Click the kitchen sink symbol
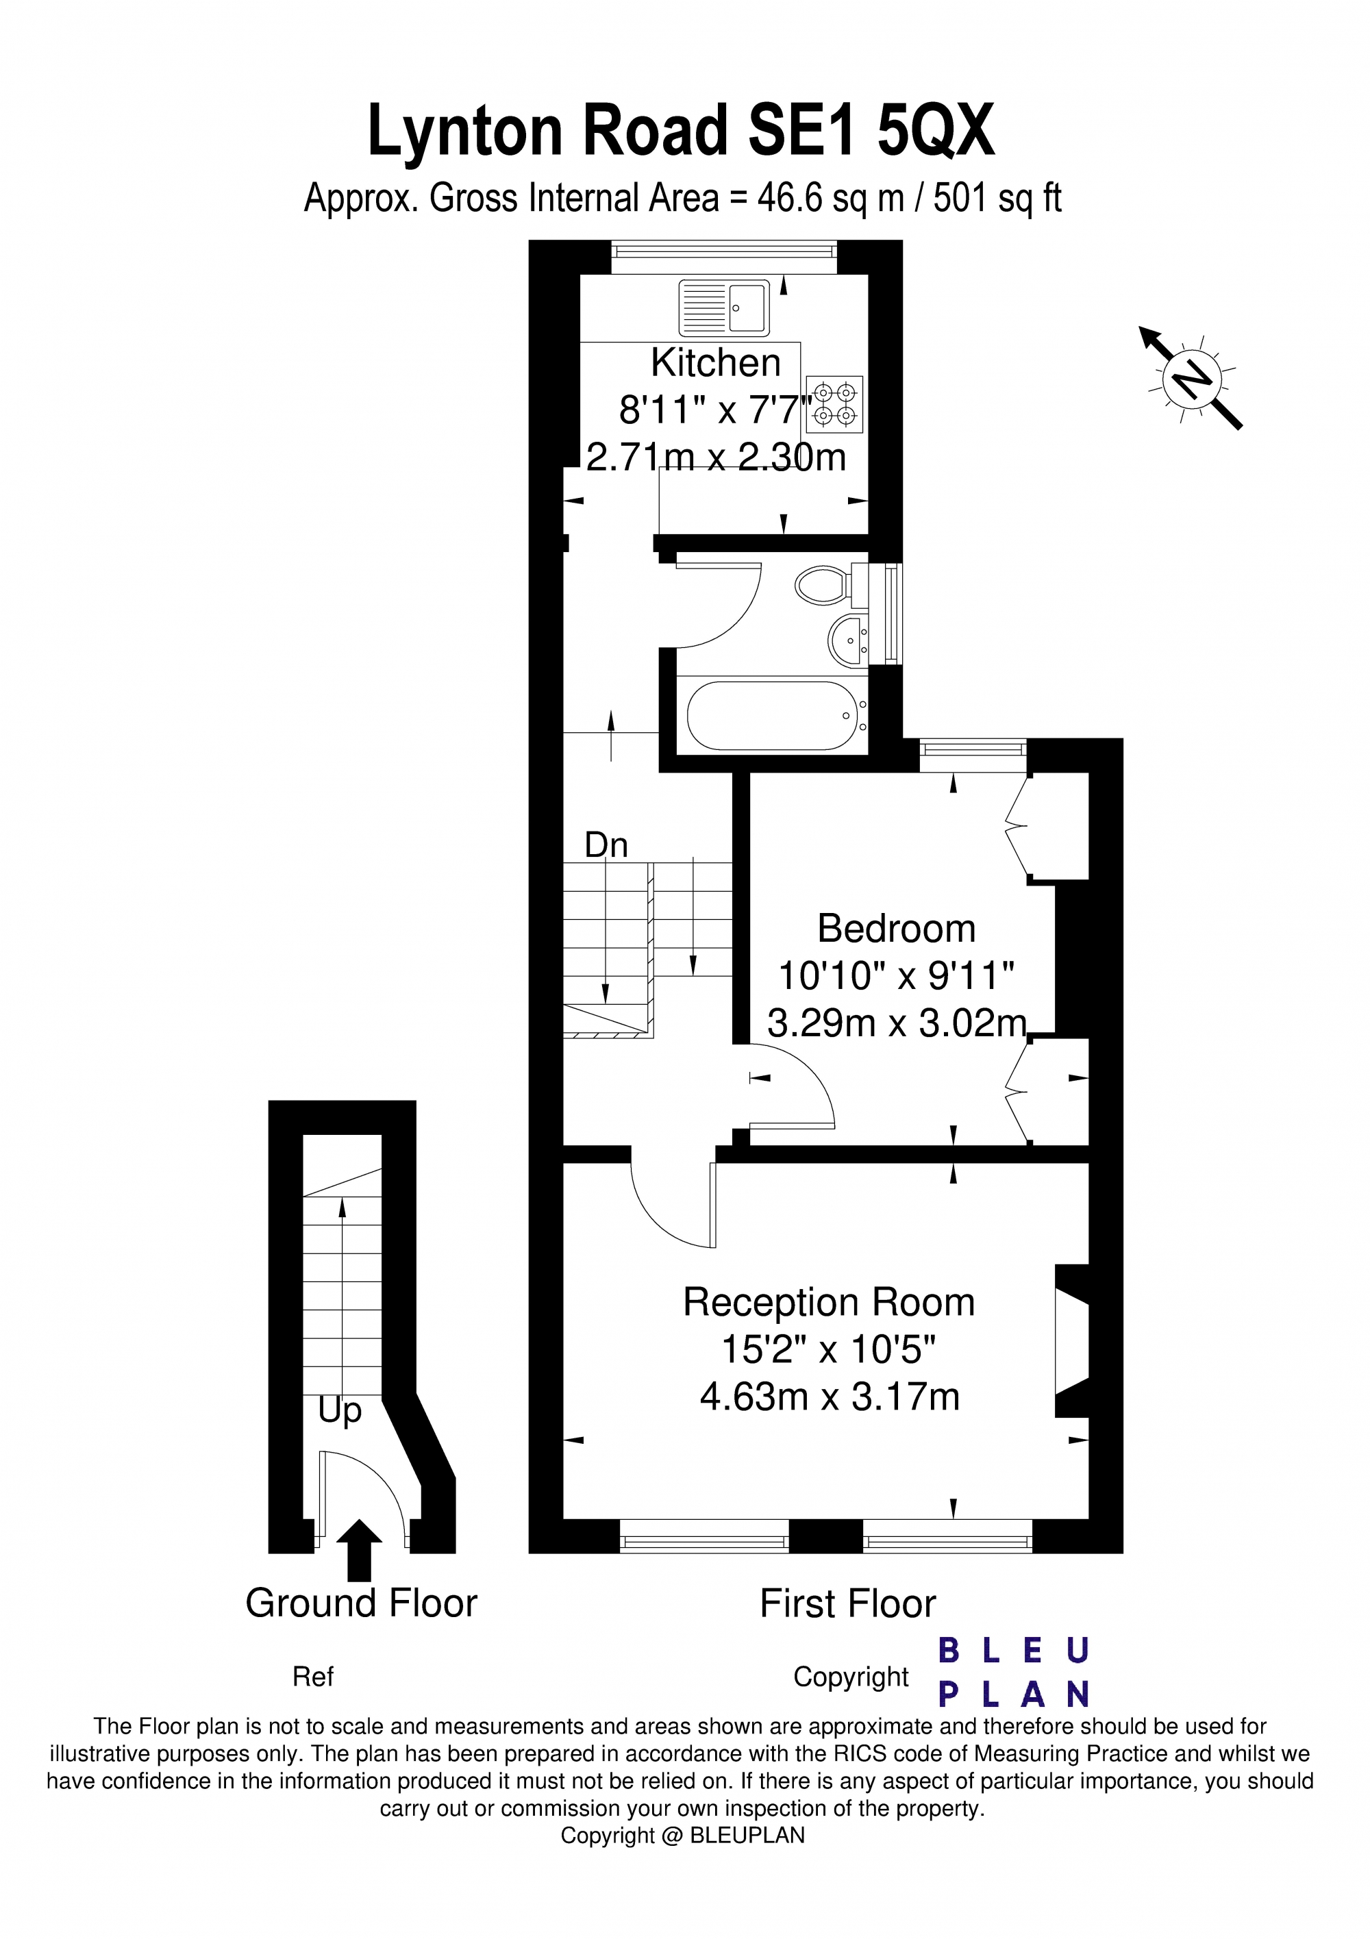[x=724, y=308]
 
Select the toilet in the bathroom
[x=823, y=584]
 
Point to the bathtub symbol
[x=772, y=715]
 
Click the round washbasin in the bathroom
[x=847, y=640]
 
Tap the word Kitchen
[x=715, y=363]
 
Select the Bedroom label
[x=896, y=929]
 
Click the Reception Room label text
[x=829, y=1302]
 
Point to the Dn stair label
[x=606, y=845]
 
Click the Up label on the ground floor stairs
[x=340, y=1410]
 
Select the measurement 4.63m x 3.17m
[x=830, y=1397]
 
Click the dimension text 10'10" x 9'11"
[x=896, y=976]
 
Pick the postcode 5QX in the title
[x=936, y=131]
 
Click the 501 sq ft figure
[x=997, y=199]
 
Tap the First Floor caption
[x=847, y=1603]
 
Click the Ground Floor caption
[x=362, y=1603]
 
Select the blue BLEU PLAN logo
[x=1014, y=1673]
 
